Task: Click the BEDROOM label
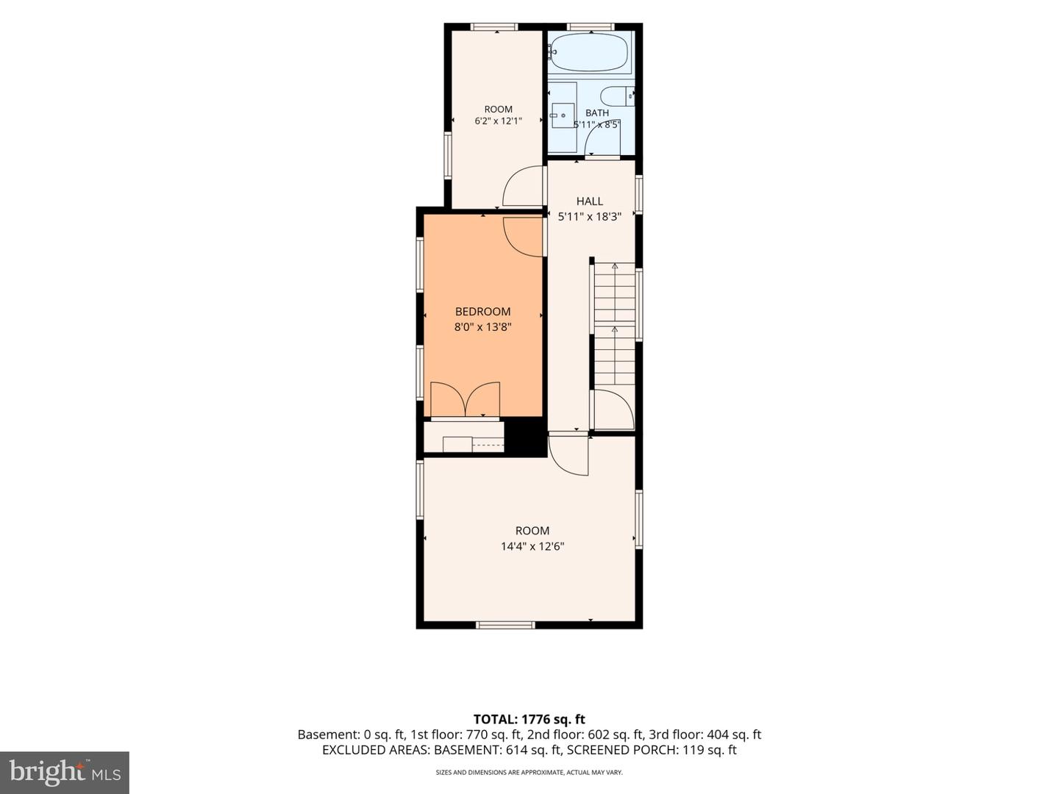click(x=482, y=312)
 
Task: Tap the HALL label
click(x=589, y=201)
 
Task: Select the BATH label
click(x=597, y=112)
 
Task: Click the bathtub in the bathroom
click(x=589, y=52)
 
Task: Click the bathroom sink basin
click(x=563, y=115)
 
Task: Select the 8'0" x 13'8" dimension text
click(x=482, y=327)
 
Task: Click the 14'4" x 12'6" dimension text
click(x=532, y=546)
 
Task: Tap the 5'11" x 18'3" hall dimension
click(x=589, y=217)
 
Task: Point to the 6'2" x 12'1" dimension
click(x=498, y=121)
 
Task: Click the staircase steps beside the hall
click(x=614, y=323)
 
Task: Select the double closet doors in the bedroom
click(x=465, y=398)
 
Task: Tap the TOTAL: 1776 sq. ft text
click(x=529, y=719)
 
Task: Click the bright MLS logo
click(x=65, y=772)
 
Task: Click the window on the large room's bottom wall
click(x=505, y=625)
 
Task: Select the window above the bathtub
click(x=590, y=26)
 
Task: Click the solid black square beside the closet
click(x=525, y=437)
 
